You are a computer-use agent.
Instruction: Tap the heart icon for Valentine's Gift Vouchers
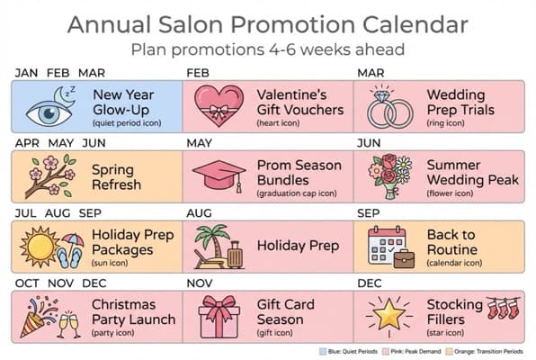pyautogui.click(x=219, y=106)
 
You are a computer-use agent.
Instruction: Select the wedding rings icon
pyautogui.click(x=390, y=107)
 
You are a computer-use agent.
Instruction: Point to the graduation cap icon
pyautogui.click(x=219, y=174)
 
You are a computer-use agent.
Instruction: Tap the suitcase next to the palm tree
pyautogui.click(x=236, y=255)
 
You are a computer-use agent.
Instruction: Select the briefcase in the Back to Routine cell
pyautogui.click(x=404, y=258)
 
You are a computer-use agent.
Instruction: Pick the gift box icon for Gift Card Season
pyautogui.click(x=219, y=316)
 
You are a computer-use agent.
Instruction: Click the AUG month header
pyautogui.click(x=200, y=213)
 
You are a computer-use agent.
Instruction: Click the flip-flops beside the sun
pyautogui.click(x=69, y=257)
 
